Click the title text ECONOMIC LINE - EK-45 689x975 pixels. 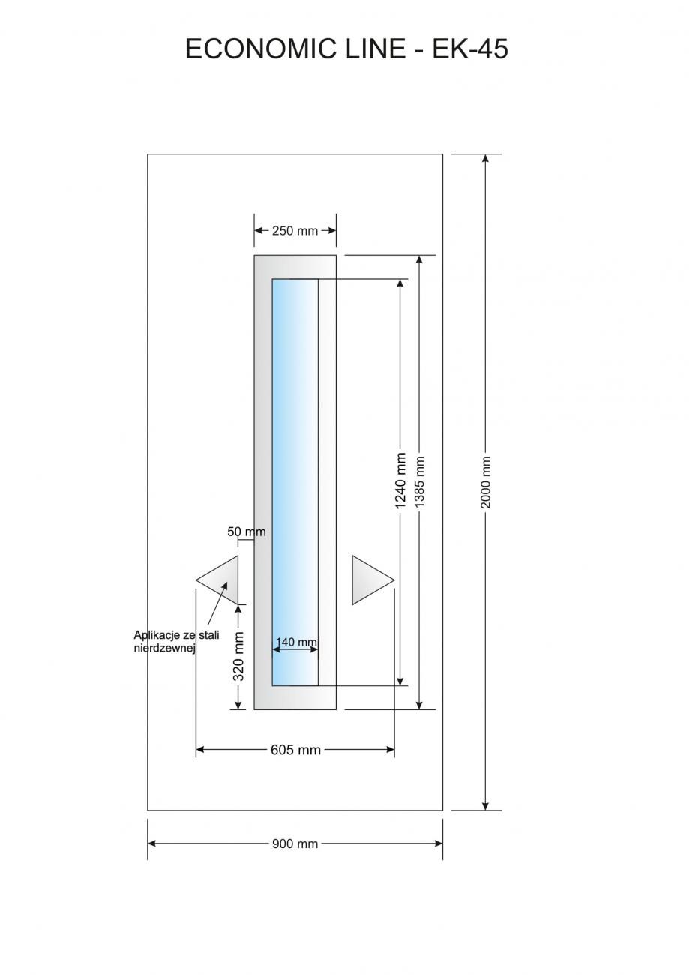pyautogui.click(x=346, y=49)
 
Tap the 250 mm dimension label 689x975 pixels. pyautogui.click(x=295, y=231)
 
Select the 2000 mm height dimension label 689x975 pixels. pyautogui.click(x=486, y=481)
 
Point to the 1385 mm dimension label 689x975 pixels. pyautogui.click(x=420, y=481)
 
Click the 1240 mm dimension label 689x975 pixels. pyautogui.click(x=400, y=481)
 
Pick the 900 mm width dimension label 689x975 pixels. pyautogui.click(x=295, y=844)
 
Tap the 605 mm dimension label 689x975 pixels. pyautogui.click(x=295, y=750)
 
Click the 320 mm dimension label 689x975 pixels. pyautogui.click(x=238, y=656)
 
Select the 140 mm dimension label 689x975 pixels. pyautogui.click(x=296, y=642)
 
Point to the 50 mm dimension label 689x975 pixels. pyautogui.click(x=246, y=532)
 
